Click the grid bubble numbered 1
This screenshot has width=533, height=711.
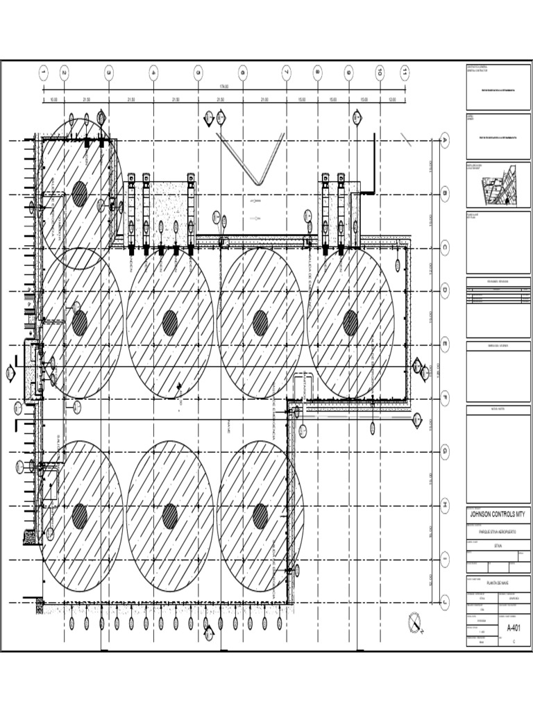pos(43,72)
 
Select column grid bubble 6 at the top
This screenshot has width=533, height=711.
pos(242,72)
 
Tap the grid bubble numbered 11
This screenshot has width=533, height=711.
pos(405,72)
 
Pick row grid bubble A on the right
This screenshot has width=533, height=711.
pos(445,142)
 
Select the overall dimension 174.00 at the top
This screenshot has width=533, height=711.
pos(223,86)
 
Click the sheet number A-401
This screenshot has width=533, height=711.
pos(514,628)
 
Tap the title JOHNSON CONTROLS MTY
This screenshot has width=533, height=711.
pos(498,515)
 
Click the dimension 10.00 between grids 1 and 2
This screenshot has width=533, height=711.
pos(53,99)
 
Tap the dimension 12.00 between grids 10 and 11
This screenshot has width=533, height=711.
pos(392,99)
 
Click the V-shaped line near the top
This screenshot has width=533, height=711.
pos(257,160)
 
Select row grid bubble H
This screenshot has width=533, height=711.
pos(445,505)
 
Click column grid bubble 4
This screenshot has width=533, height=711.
pos(153,72)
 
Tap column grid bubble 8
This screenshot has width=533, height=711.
pos(317,72)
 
